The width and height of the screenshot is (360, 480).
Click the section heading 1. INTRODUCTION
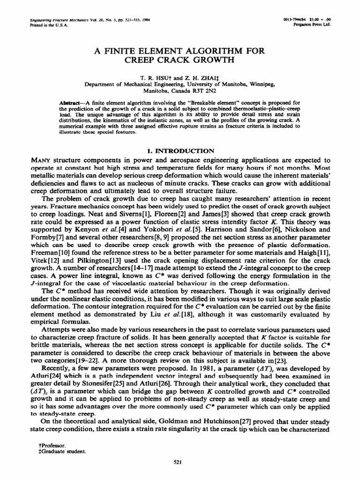coord(180,150)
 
